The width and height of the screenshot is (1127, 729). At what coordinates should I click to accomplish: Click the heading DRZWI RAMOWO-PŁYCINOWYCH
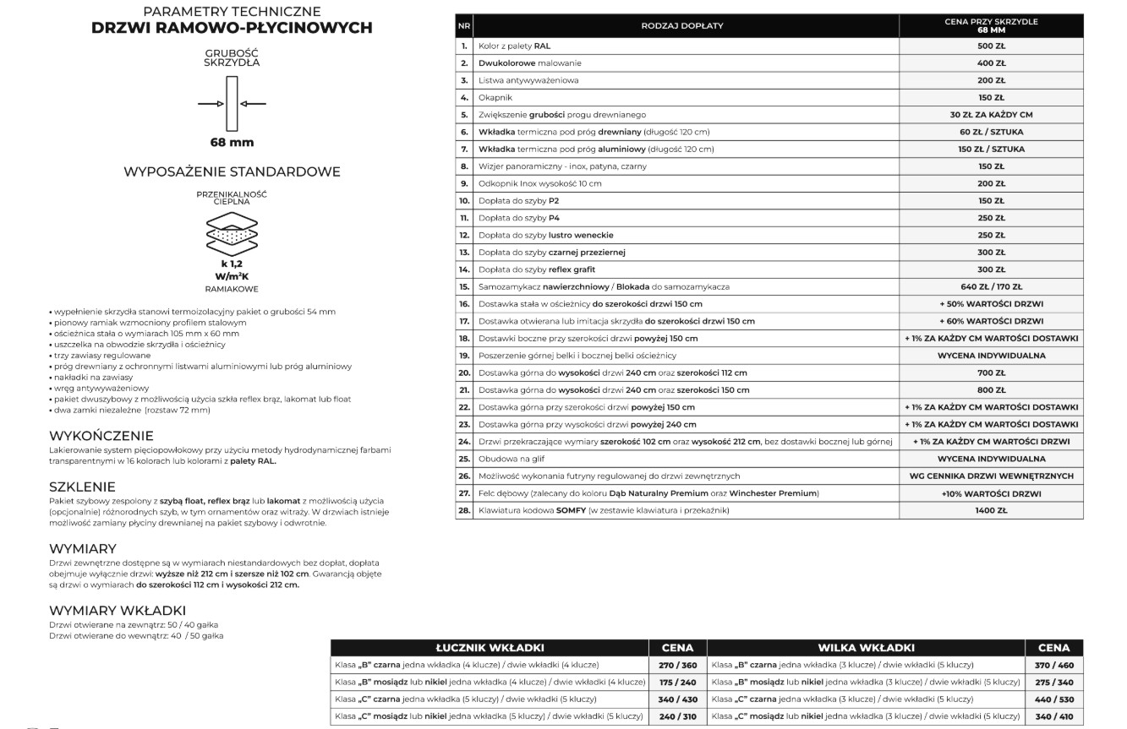232,28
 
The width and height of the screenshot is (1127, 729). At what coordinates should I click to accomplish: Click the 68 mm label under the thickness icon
232,142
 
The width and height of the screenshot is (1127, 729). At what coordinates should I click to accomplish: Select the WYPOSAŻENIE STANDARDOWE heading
232,171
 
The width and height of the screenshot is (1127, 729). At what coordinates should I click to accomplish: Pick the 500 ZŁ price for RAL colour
991,46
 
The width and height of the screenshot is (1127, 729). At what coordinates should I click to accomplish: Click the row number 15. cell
464,286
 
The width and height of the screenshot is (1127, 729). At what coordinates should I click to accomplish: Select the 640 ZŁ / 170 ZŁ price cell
991,286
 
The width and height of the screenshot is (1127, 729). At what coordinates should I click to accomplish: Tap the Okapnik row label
495,98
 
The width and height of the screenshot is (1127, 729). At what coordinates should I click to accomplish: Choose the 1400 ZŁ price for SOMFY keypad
991,510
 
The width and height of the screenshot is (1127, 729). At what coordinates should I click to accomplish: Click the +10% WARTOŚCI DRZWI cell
991,493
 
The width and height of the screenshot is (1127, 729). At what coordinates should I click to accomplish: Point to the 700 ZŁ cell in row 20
991,373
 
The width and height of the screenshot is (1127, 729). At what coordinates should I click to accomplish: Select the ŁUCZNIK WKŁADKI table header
490,648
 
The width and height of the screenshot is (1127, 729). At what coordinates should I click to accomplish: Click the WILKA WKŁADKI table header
866,648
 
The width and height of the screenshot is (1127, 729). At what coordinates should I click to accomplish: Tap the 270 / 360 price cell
677,666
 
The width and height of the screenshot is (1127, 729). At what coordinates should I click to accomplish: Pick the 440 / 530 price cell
1053,699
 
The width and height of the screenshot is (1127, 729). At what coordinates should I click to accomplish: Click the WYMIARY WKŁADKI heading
118,610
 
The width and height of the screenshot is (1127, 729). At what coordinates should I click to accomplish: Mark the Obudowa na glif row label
512,459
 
